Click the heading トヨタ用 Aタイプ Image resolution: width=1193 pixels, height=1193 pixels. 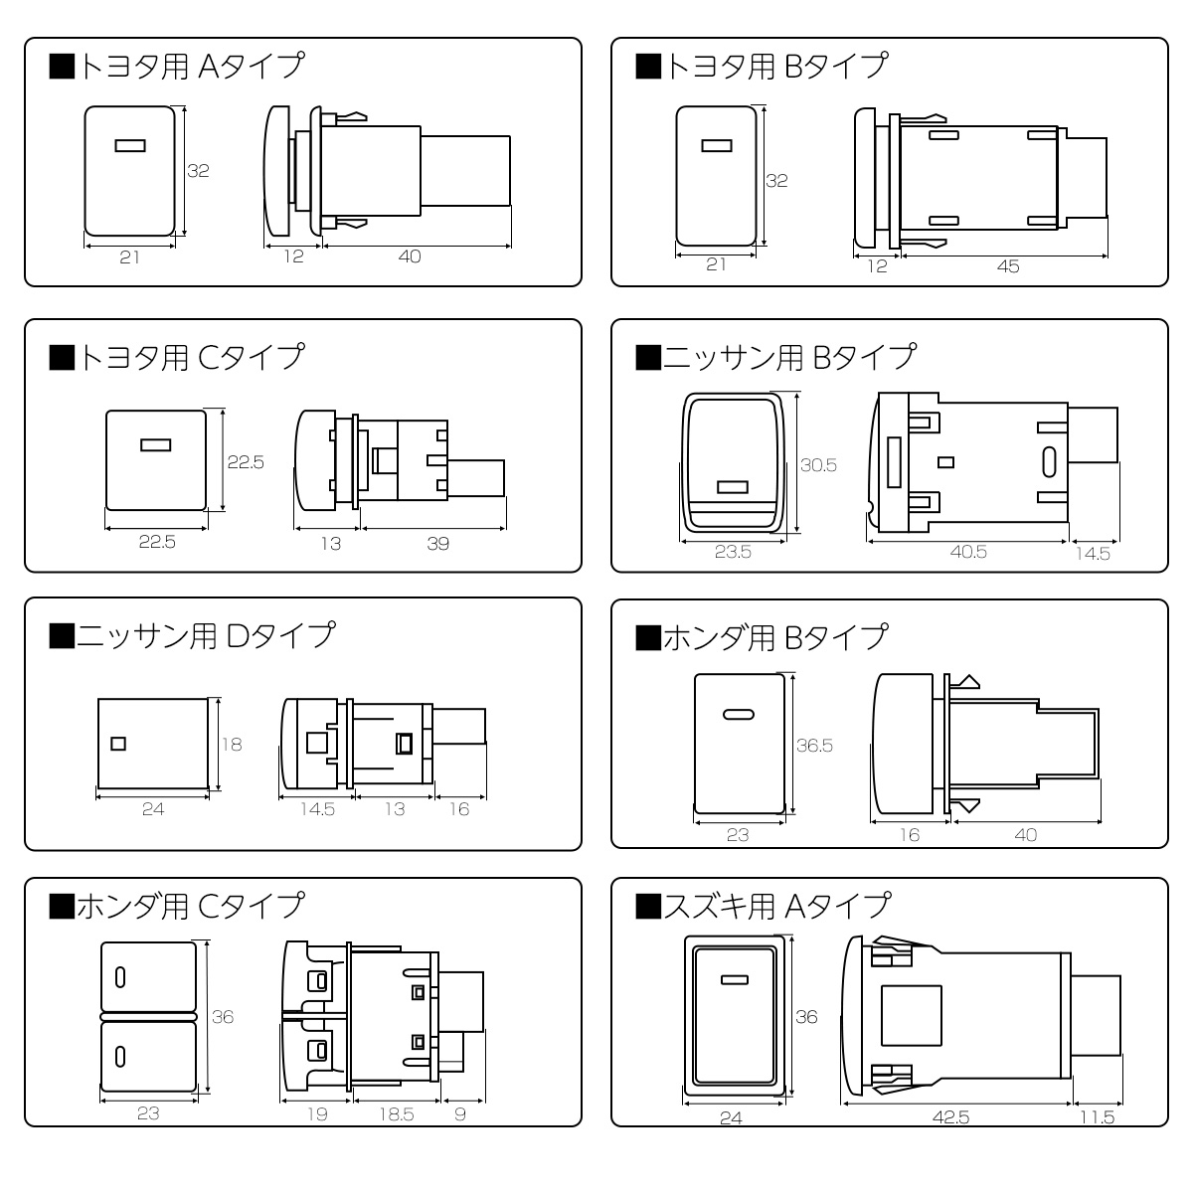pos(176,67)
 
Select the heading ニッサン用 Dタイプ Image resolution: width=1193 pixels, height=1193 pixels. pos(192,634)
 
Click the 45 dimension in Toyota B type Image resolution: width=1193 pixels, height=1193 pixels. pos(1007,265)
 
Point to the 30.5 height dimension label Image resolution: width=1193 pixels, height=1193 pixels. pos(818,464)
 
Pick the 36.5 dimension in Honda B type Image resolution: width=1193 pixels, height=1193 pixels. pos(814,745)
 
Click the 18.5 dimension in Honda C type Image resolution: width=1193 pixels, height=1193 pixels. pos(395,1114)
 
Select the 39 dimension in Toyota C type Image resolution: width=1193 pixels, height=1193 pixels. pos(436,543)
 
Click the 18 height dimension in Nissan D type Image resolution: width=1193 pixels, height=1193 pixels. pos(231,744)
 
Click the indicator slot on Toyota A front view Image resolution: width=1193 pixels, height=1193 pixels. pos(130,146)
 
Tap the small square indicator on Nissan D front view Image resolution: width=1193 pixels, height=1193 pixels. pos(117,743)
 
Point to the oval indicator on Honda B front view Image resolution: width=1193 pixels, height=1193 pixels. pos(738,714)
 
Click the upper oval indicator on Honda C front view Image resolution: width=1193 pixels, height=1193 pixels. pos(120,976)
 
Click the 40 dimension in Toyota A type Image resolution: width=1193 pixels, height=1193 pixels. pos(409,256)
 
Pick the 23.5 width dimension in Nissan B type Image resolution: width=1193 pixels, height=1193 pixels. pos(733,553)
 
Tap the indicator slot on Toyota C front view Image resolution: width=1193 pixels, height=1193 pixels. pos(154,445)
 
